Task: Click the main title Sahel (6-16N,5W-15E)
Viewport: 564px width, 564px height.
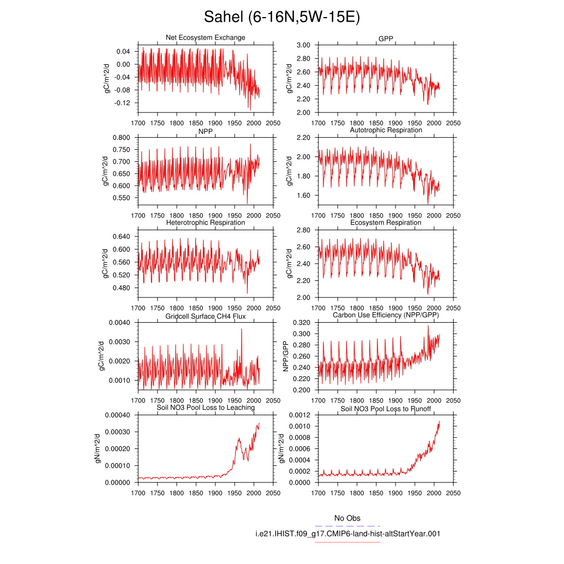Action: tap(281, 17)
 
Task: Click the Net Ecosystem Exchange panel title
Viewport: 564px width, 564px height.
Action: tap(205, 37)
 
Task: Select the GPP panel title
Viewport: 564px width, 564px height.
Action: tap(386, 39)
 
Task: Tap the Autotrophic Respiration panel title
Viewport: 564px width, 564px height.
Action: tap(386, 130)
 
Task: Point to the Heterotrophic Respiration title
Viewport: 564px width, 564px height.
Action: tap(205, 223)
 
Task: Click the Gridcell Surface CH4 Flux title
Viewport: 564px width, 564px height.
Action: tap(205, 317)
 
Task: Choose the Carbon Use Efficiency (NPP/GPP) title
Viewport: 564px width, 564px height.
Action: tap(386, 315)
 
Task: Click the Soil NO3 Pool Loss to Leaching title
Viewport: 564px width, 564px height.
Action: tap(205, 408)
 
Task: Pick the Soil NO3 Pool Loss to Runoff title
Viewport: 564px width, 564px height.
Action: tap(386, 409)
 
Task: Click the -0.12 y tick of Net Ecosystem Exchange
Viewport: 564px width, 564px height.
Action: tap(122, 103)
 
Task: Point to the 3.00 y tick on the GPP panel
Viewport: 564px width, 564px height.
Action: tap(303, 45)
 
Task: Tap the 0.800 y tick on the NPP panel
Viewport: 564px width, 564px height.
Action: tap(121, 137)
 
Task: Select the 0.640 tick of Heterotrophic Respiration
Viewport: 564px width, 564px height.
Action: tap(121, 236)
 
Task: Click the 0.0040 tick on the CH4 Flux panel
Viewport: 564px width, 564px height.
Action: tap(120, 323)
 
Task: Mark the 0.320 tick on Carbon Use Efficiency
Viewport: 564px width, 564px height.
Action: tap(301, 323)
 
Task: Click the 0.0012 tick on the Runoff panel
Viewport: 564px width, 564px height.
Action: tap(300, 415)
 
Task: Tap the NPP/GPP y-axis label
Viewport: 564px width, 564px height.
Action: tap(286, 356)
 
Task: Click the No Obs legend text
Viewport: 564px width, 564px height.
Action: tap(347, 518)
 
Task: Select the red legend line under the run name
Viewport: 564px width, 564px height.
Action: tap(348, 542)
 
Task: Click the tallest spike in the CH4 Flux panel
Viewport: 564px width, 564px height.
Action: tap(241, 329)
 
